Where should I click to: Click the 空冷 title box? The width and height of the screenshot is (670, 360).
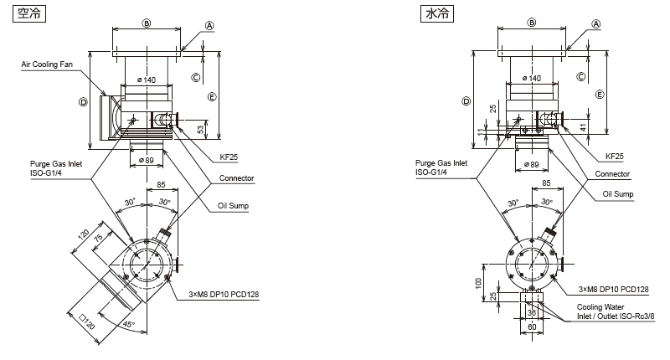pyautogui.click(x=29, y=13)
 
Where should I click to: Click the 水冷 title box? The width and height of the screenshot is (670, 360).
pyautogui.click(x=437, y=13)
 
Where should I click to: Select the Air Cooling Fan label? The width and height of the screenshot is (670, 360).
pyautogui.click(x=47, y=64)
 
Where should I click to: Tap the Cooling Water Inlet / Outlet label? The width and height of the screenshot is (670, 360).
pyautogui.click(x=616, y=311)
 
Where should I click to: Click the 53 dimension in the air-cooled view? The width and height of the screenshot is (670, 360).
pyautogui.click(x=201, y=129)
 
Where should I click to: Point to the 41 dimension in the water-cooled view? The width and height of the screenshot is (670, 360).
pyautogui.click(x=583, y=127)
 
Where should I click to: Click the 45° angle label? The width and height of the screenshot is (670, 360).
pyautogui.click(x=128, y=325)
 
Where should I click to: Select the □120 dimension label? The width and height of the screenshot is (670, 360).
pyautogui.click(x=87, y=322)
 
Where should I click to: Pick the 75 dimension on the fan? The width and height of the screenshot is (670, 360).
pyautogui.click(x=98, y=238)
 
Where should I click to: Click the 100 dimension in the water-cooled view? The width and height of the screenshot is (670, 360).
pyautogui.click(x=478, y=283)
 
